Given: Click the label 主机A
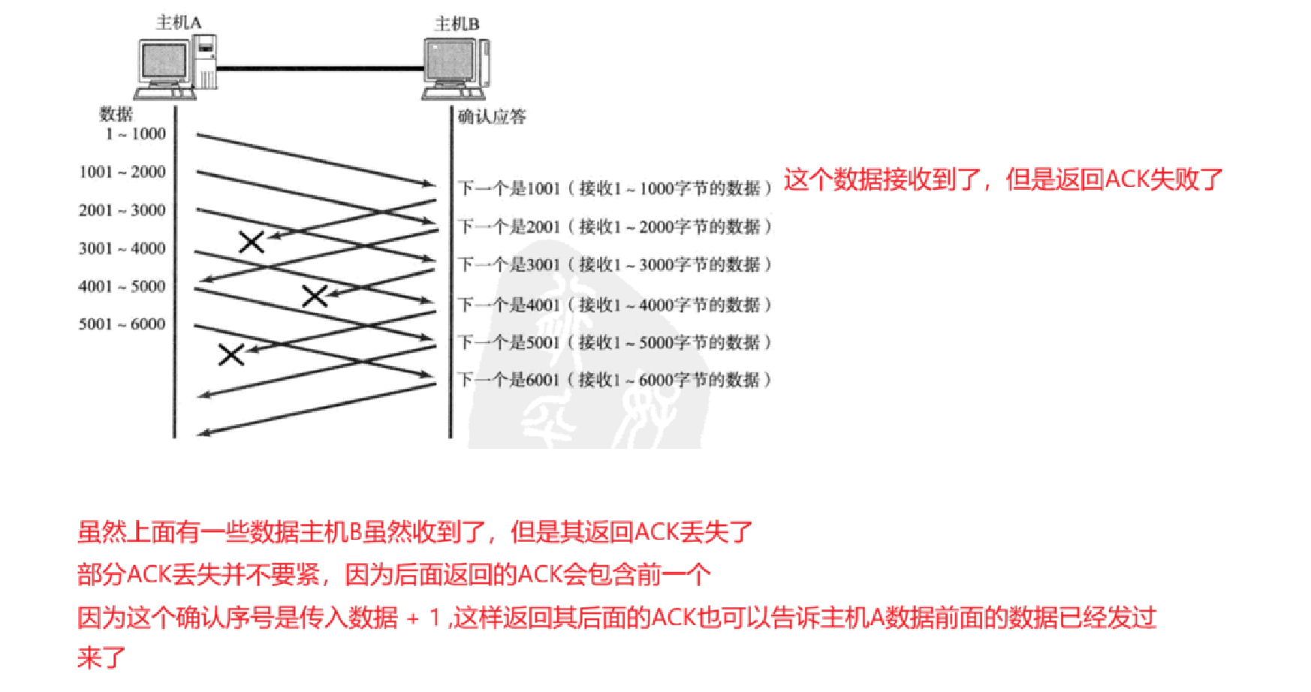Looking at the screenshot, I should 179,23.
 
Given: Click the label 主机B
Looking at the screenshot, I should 457,24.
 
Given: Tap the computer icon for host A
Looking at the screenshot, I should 176,68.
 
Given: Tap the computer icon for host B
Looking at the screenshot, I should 456,69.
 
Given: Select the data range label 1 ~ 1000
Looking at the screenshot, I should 135,134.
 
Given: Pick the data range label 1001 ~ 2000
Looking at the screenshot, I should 122,172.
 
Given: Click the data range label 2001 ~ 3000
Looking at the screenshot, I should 122,210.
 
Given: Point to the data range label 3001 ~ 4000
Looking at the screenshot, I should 122,248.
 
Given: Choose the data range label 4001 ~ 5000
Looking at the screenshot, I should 122,286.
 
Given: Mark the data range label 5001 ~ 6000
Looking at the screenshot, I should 122,324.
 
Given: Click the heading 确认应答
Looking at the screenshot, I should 492,116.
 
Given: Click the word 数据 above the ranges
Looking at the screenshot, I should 116,114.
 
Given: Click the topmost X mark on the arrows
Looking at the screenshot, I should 252,242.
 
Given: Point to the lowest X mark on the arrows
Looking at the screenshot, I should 231,354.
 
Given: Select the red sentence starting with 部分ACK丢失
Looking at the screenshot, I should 393,575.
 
